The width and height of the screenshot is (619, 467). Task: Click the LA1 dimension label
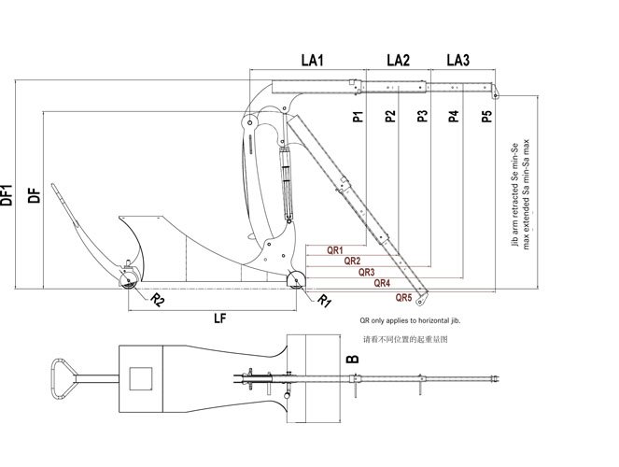pos(312,61)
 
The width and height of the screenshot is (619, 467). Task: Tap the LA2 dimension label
pos(398,61)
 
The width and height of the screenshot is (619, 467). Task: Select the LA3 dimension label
pos(457,61)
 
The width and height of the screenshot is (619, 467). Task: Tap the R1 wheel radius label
pos(323,301)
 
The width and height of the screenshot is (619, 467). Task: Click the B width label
pos(352,359)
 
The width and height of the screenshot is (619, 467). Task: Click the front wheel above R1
pos(296,282)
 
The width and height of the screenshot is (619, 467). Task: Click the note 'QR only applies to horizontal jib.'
pos(411,320)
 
